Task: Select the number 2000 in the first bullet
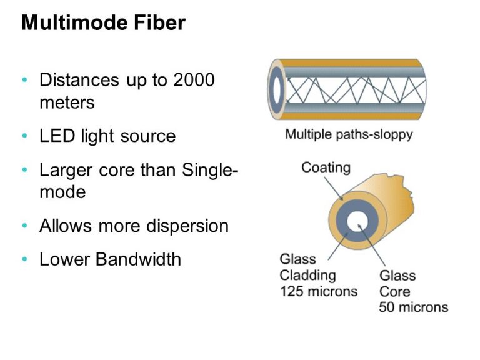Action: tap(194, 80)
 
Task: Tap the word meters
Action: tap(67, 102)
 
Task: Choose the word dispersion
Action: tap(187, 226)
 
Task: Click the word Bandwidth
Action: tap(138, 259)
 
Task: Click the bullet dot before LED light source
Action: tap(24, 136)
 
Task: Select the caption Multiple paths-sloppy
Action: tap(349, 134)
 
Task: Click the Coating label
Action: tap(326, 167)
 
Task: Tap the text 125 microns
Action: tap(318, 291)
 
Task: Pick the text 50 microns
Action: tap(413, 307)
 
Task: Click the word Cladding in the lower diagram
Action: tap(307, 275)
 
